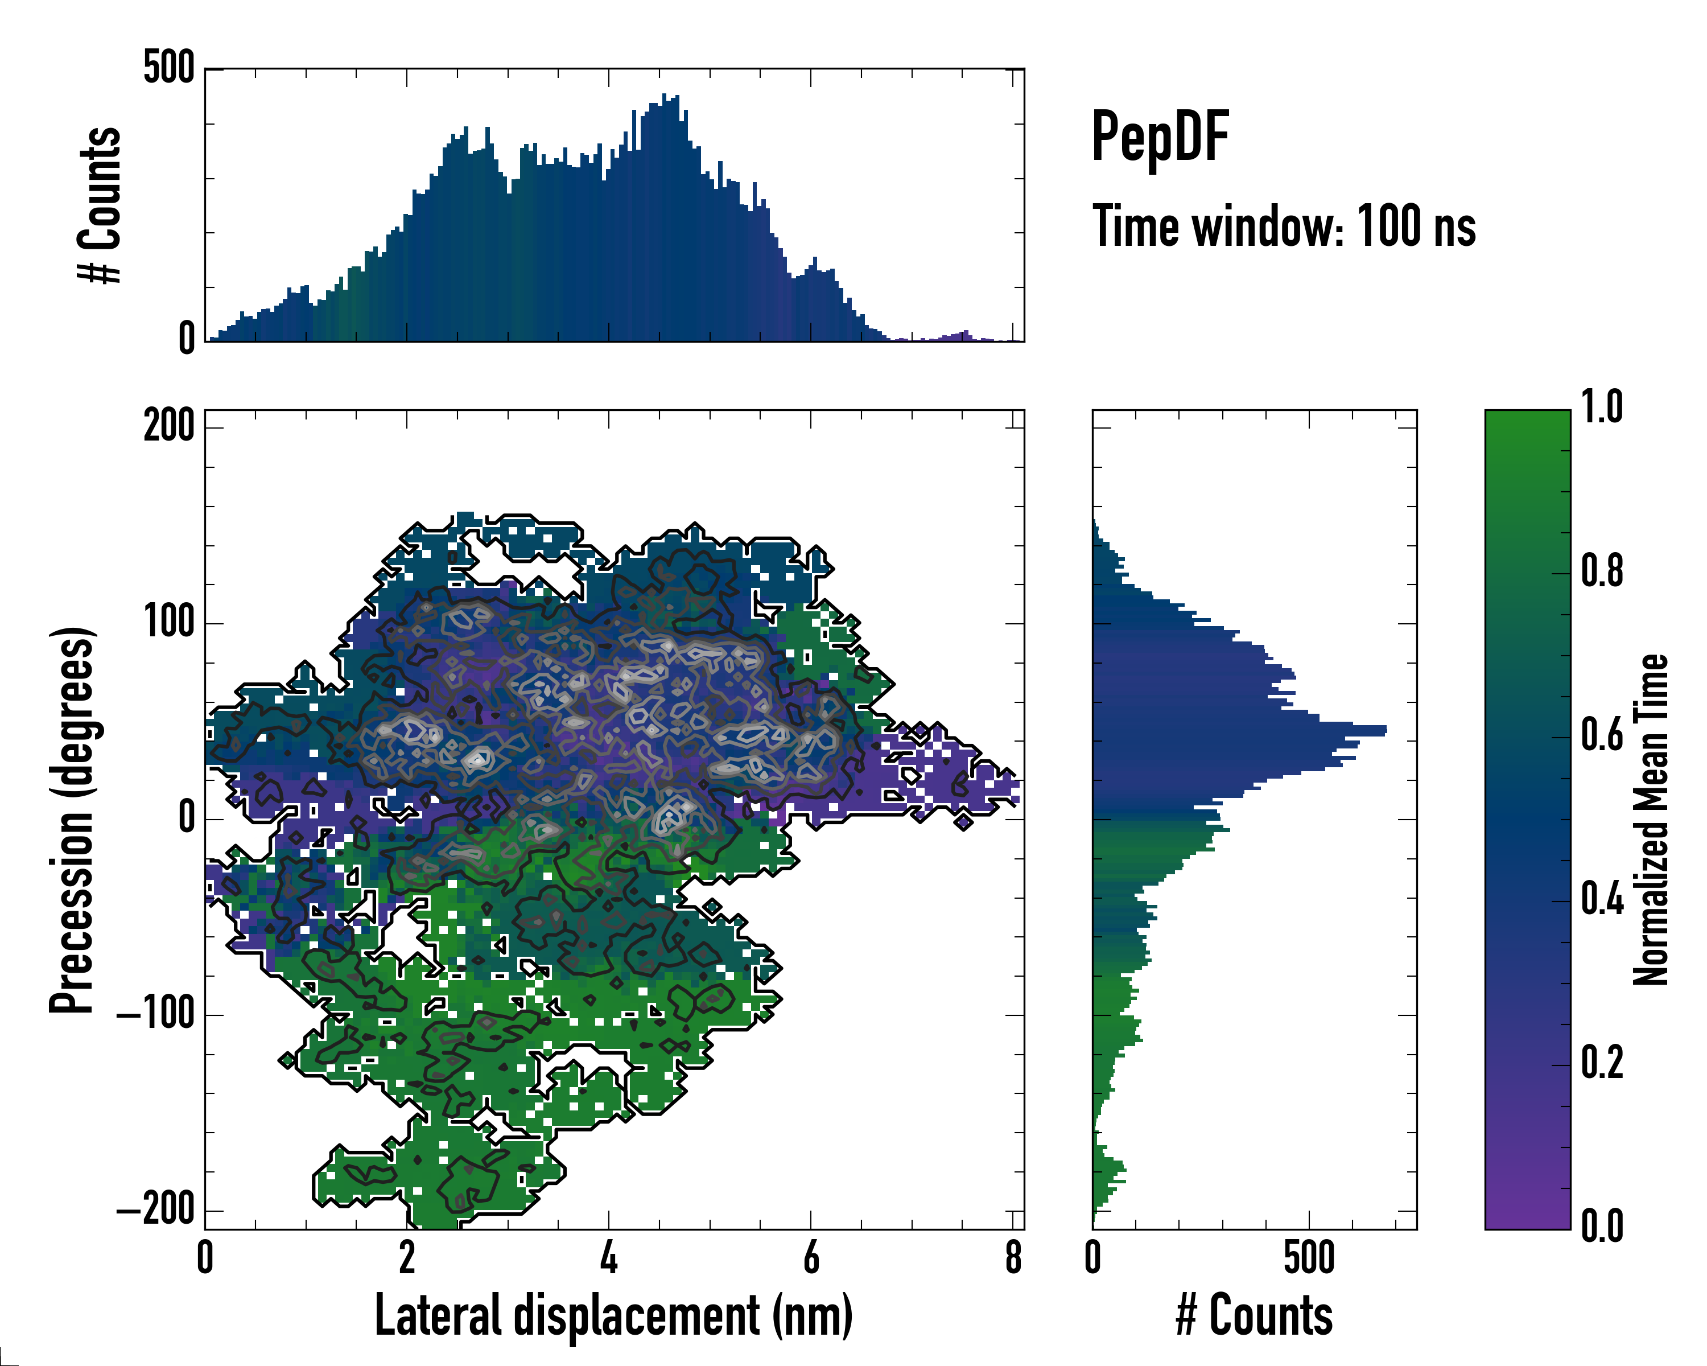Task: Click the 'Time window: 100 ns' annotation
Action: (1284, 227)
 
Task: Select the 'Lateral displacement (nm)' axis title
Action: (613, 1315)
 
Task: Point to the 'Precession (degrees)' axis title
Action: (73, 820)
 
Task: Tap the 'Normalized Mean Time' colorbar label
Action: (1651, 820)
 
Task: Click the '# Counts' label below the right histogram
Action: (1254, 1315)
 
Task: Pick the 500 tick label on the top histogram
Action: (168, 68)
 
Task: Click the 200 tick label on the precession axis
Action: (168, 427)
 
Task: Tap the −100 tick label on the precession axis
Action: (156, 1014)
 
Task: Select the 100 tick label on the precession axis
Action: (168, 623)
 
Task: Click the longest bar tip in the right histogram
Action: (1385, 730)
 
